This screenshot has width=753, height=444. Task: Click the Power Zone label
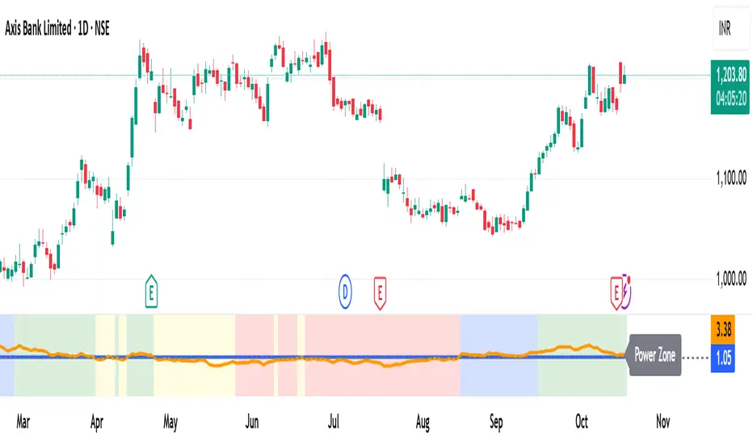pyautogui.click(x=655, y=354)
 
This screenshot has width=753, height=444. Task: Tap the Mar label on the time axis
pyautogui.click(x=23, y=421)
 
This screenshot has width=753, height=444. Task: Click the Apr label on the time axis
pyautogui.click(x=98, y=421)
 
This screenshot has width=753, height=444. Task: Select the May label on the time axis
pyautogui.click(x=170, y=421)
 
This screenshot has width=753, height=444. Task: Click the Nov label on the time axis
pyautogui.click(x=663, y=421)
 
